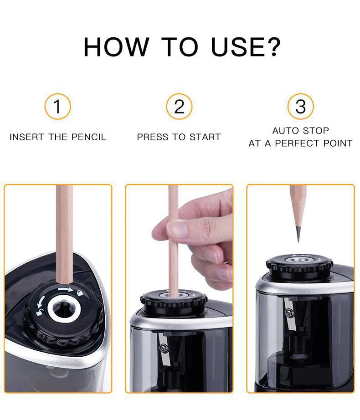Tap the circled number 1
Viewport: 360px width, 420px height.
[x=57, y=107]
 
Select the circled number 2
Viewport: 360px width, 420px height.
[x=179, y=107]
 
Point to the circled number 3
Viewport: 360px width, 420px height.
[x=300, y=107]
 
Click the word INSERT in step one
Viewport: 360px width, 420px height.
[x=25, y=137]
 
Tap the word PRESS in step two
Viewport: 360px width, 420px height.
[x=152, y=137]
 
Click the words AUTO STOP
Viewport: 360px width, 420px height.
[x=300, y=131]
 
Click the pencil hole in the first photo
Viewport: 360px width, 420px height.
[x=64, y=310]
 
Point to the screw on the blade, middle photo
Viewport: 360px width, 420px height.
[x=164, y=348]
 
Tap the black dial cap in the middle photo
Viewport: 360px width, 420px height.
[x=173, y=301]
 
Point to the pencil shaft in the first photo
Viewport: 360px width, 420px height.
[x=64, y=228]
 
